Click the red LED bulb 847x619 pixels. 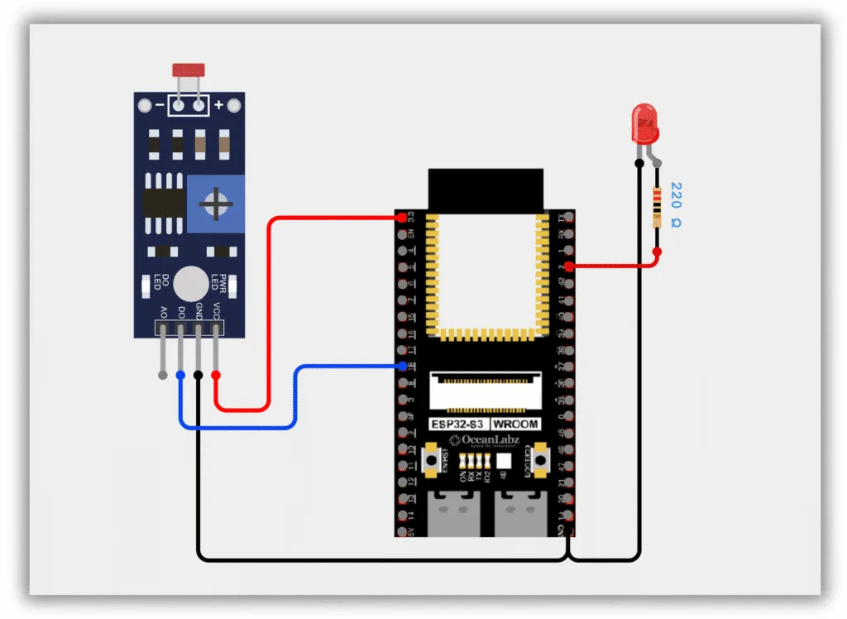coord(644,123)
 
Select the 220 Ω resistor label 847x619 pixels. coord(676,204)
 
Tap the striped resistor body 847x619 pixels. coord(657,207)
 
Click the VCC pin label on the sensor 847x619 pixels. coord(217,311)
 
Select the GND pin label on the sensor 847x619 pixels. coord(199,311)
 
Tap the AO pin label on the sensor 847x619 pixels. coord(163,312)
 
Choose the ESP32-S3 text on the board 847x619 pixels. coord(456,424)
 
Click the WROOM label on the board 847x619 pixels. coord(517,424)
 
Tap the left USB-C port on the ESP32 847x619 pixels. coord(453,511)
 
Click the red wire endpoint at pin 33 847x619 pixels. coord(402,218)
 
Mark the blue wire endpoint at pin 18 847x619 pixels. coord(402,366)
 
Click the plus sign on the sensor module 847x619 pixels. coord(218,105)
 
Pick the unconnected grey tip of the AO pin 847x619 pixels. coord(162,375)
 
